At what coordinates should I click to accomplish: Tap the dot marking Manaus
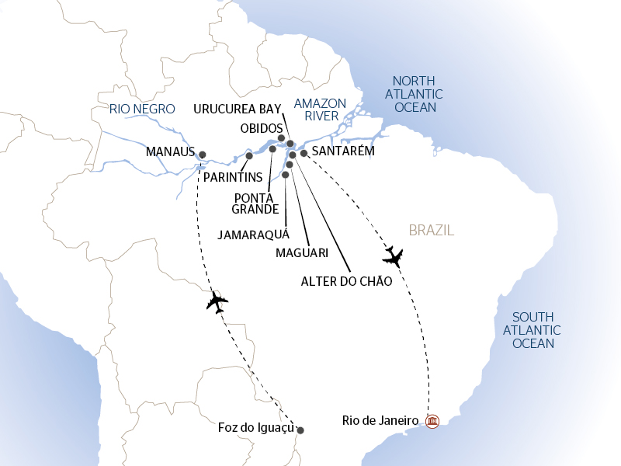point(203,154)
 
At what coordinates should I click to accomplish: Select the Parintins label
point(233,177)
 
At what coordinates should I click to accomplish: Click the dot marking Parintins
point(249,156)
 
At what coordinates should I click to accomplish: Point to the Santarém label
point(342,151)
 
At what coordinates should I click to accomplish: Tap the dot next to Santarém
point(304,153)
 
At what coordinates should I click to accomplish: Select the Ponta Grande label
point(255,203)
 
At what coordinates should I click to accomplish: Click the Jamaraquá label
point(254,234)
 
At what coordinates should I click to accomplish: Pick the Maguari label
point(302,253)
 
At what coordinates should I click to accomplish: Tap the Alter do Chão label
point(346,281)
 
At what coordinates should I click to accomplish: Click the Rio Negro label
point(137,110)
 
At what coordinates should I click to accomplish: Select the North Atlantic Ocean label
point(418,94)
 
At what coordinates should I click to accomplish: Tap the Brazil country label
point(431,231)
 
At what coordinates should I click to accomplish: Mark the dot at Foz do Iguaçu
point(300,430)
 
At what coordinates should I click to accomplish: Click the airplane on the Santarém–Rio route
point(394,256)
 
